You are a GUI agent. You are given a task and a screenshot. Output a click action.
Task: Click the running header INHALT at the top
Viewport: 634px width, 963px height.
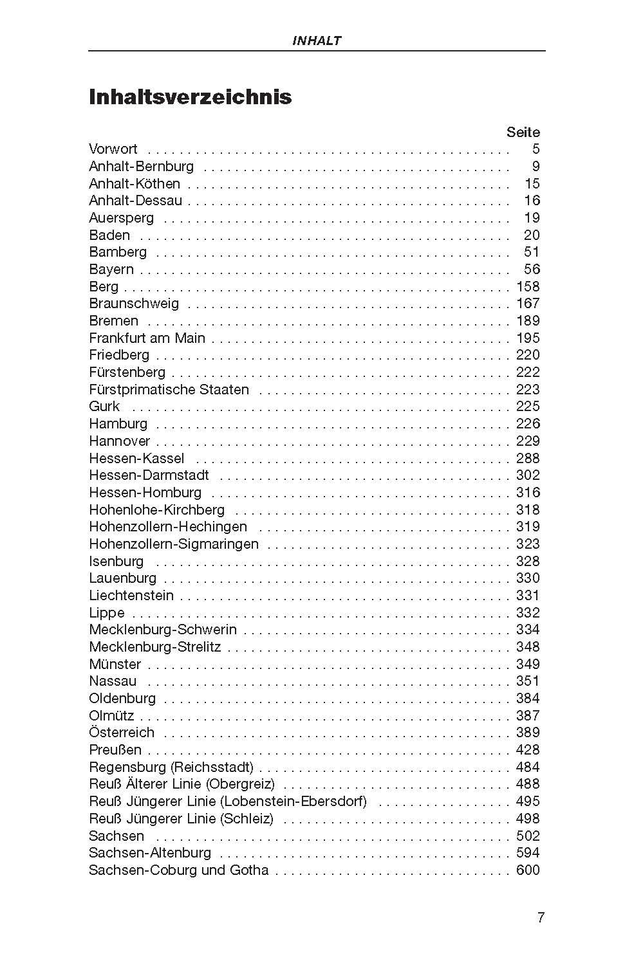point(316,41)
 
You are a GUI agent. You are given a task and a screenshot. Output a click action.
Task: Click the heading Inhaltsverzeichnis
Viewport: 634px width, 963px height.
point(190,97)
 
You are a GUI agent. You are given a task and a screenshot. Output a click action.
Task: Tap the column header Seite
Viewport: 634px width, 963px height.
point(523,132)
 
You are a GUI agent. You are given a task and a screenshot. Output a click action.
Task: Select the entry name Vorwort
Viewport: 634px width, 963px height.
point(113,149)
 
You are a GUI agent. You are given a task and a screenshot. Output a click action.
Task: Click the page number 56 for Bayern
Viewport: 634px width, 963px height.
point(532,269)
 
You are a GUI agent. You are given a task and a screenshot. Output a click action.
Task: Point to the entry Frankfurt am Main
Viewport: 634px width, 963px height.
point(147,338)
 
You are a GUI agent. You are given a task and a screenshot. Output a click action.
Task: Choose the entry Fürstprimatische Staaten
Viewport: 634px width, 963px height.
point(169,389)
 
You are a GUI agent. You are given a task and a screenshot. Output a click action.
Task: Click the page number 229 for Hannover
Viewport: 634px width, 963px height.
point(528,441)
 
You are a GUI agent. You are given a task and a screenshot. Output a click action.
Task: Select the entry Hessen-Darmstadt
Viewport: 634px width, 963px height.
point(149,475)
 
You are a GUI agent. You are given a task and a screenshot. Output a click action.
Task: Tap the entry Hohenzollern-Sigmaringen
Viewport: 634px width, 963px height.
point(174,544)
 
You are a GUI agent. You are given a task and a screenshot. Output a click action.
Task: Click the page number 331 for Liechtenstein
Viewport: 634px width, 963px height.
point(528,595)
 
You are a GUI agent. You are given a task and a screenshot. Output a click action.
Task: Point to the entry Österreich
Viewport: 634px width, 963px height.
point(122,732)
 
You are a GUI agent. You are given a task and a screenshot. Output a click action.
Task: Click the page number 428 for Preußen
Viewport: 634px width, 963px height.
point(528,749)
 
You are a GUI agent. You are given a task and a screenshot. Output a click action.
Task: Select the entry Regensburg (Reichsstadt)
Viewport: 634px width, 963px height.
point(171,767)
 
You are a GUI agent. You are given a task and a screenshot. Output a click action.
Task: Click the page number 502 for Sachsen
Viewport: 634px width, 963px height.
point(528,836)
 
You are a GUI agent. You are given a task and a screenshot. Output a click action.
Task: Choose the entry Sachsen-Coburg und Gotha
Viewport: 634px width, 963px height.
point(178,870)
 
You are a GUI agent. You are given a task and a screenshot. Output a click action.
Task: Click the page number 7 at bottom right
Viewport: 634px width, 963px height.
point(541,917)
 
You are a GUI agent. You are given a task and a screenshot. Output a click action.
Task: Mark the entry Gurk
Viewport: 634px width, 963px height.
point(104,406)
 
